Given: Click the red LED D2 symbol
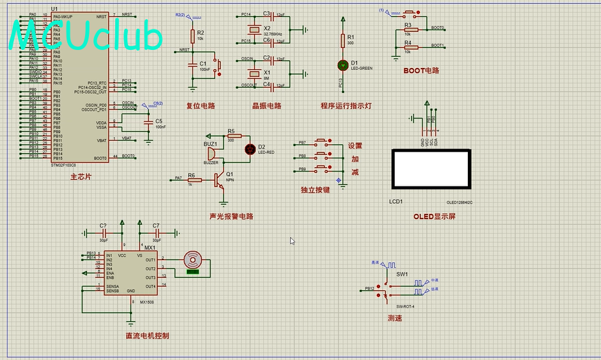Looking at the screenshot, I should point(250,149).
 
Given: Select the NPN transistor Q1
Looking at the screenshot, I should point(220,179).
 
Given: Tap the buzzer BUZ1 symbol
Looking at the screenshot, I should point(211,154).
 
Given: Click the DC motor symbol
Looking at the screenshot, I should point(193,260).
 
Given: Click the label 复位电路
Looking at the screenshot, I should point(200,106).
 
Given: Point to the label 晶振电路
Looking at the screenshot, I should point(267,106).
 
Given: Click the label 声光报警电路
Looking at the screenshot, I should point(231,217).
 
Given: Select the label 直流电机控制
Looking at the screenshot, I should point(147,335).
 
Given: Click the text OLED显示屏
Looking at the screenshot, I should point(435,217).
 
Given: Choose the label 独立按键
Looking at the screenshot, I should point(315,190).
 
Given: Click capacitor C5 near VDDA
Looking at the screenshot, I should point(149,121).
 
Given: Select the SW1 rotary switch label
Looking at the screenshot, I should point(402,274).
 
